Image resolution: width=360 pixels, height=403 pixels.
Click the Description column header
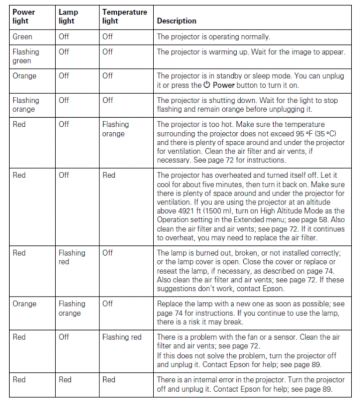coord(176,21)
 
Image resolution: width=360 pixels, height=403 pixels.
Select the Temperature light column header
coord(124,17)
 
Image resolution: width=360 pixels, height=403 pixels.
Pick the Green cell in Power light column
coord(22,36)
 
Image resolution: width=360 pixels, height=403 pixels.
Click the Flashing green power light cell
coord(26,56)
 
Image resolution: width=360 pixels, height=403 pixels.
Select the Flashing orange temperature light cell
coord(115,129)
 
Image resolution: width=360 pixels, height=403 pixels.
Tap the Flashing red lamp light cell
coord(72,257)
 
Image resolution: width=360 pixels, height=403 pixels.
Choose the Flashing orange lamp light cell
coord(72,308)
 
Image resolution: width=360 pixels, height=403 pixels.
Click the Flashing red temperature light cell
coord(122,337)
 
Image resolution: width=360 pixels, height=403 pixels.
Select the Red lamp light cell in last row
coord(65,379)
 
